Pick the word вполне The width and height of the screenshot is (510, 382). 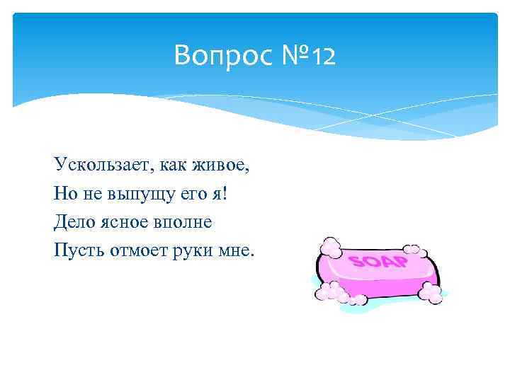(x=186, y=221)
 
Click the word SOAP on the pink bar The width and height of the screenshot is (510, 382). (x=379, y=262)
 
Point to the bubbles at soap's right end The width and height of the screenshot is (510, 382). (x=430, y=292)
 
